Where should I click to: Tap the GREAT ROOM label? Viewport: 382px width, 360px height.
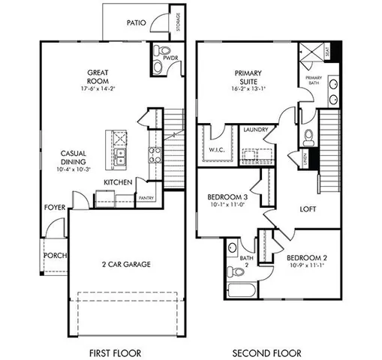tap(100, 76)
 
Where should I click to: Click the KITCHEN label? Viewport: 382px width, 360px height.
tap(118, 182)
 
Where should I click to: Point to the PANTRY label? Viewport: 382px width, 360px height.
tap(146, 198)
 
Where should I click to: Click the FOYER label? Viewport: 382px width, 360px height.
tap(54, 207)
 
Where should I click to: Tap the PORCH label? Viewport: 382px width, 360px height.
tap(55, 255)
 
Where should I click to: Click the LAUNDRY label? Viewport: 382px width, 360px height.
tap(257, 130)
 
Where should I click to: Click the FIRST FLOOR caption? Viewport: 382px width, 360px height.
tap(115, 352)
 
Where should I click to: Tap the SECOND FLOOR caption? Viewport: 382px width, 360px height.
tap(266, 352)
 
